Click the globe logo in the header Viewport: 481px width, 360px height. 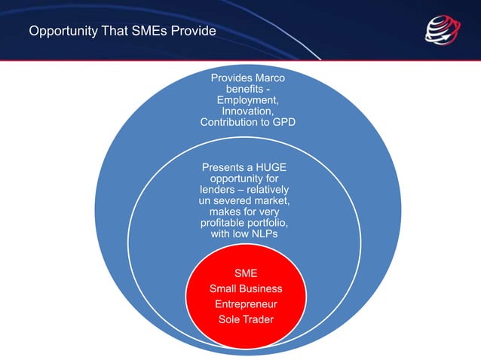pyautogui.click(x=442, y=31)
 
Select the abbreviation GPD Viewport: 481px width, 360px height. pyautogui.click(x=282, y=123)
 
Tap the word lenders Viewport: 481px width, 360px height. pyautogui.click(x=216, y=190)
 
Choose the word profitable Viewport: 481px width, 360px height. pyautogui.click(x=225, y=224)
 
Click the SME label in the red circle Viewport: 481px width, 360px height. pyautogui.click(x=247, y=273)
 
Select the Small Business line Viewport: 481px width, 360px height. pyautogui.click(x=247, y=288)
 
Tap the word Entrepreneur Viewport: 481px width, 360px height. pyautogui.click(x=247, y=304)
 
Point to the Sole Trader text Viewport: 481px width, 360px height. pyautogui.click(x=247, y=319)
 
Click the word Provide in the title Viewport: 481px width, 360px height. pyautogui.click(x=193, y=31)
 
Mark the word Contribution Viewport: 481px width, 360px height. pyautogui.click(x=231, y=123)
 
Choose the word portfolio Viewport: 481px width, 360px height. pyautogui.click(x=271, y=224)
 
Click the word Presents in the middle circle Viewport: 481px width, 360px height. pyautogui.click(x=225, y=167)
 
